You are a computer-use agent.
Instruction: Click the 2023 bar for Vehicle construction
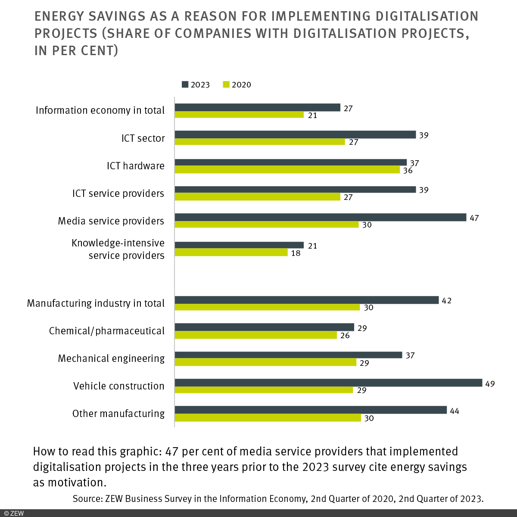[328, 383]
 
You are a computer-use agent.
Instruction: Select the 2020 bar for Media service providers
[267, 224]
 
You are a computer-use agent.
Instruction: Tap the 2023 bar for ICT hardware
[291, 162]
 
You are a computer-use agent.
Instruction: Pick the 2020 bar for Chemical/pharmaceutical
[256, 335]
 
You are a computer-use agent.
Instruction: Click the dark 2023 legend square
[185, 84]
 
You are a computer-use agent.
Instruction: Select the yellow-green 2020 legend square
[226, 84]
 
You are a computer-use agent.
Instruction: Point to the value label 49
[490, 383]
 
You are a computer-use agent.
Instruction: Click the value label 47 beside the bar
[474, 218]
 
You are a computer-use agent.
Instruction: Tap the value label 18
[296, 253]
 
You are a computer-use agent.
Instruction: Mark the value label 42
[446, 301]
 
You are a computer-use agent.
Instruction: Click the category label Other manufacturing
[118, 414]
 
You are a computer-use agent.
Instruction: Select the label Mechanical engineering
[111, 358]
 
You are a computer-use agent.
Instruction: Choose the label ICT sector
[143, 138]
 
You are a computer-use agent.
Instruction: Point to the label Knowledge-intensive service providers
[118, 249]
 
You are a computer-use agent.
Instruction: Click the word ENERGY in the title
[61, 16]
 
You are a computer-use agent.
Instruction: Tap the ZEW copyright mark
[14, 513]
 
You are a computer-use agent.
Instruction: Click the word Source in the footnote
[87, 499]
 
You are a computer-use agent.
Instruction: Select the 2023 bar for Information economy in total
[258, 107]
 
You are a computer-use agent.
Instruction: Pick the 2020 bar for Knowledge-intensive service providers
[231, 252]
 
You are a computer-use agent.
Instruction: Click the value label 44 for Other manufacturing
[454, 411]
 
